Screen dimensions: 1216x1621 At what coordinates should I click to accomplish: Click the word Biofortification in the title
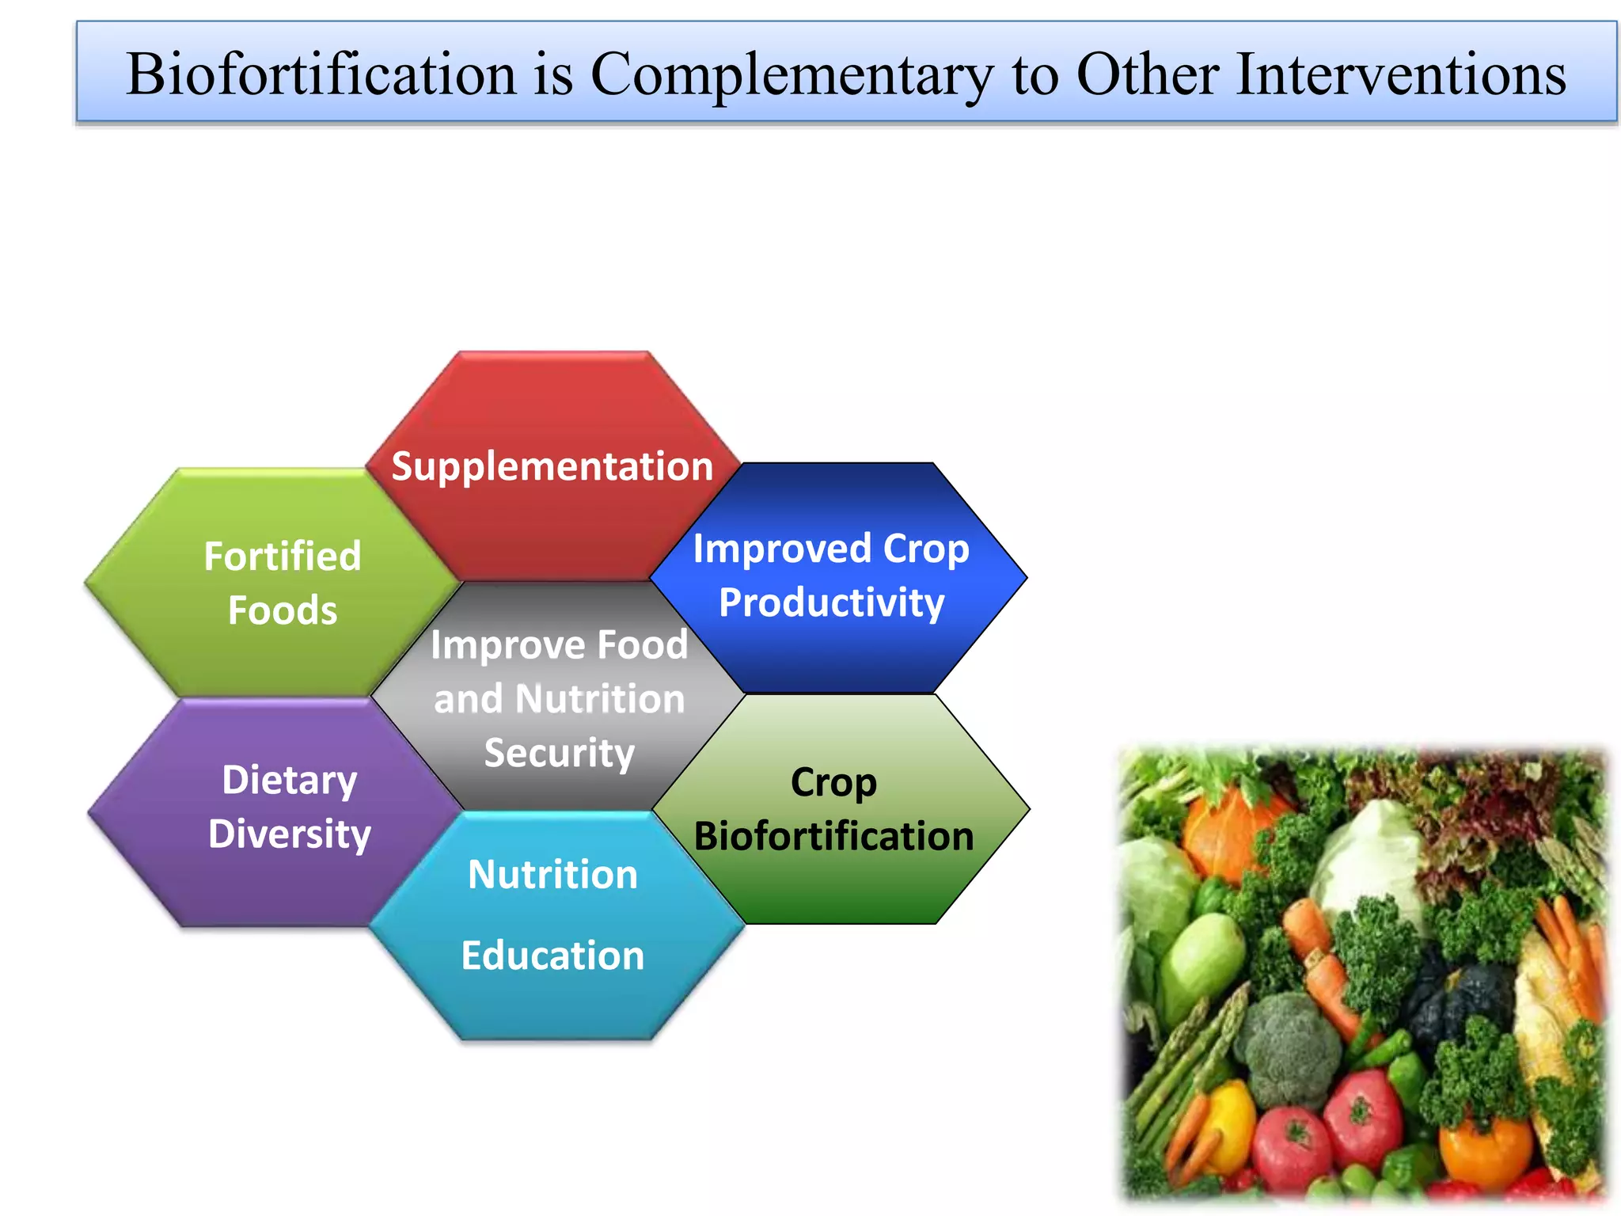321,74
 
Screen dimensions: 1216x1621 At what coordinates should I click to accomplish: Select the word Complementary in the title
790,74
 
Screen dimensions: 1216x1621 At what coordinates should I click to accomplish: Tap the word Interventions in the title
1400,74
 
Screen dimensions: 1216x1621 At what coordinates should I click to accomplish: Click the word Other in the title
1146,74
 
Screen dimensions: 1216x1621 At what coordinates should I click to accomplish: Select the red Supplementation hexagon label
552,466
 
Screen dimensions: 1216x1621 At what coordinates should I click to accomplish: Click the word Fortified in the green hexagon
283,557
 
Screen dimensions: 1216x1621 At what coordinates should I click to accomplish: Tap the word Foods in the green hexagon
283,611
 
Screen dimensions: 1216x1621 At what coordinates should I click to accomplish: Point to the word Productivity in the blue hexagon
831,603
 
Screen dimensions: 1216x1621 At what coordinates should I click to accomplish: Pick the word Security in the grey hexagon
559,753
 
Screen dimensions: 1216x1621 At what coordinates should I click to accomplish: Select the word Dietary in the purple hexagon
290,781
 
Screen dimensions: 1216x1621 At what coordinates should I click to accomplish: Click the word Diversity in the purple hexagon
290,834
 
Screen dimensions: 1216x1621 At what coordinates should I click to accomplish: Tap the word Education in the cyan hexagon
552,956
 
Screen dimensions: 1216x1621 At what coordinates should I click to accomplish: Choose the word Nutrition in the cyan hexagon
552,875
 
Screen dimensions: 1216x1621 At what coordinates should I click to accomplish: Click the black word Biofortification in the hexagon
833,837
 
